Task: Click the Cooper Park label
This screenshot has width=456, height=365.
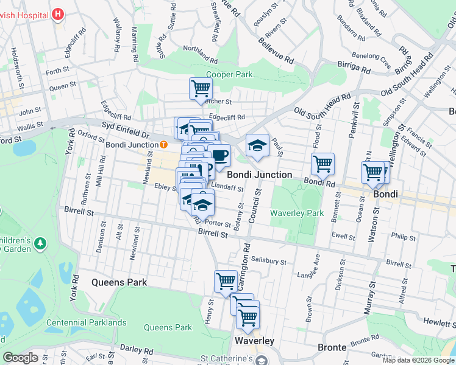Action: (229, 75)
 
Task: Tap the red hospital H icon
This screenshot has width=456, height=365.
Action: (58, 13)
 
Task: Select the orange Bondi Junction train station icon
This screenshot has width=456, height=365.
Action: (163, 145)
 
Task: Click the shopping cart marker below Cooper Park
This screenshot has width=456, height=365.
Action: (201, 89)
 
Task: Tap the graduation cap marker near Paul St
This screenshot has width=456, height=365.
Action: (257, 145)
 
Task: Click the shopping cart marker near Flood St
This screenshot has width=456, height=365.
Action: (322, 163)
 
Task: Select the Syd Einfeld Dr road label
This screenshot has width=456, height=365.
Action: (126, 133)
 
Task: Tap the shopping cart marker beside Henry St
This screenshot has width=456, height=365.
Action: (226, 281)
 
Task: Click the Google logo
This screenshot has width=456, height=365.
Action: (21, 358)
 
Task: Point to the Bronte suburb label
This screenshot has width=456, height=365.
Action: (332, 347)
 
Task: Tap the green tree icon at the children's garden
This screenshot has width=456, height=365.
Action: (40, 243)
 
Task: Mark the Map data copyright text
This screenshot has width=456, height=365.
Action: (418, 360)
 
